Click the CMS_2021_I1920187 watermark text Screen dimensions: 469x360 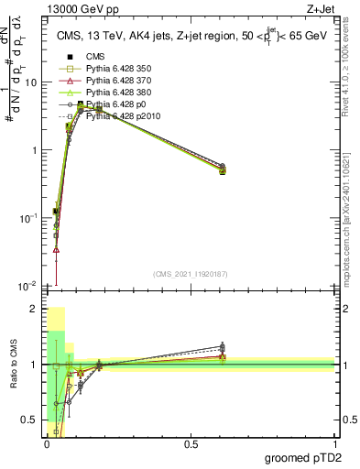[x=190, y=273]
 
